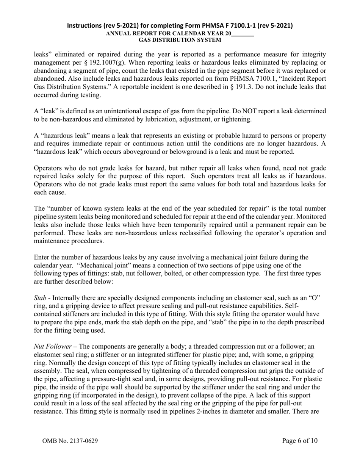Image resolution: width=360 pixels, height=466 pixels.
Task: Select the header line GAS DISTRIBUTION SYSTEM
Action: (x=180, y=40)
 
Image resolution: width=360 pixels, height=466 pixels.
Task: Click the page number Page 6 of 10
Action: (x=300, y=441)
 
